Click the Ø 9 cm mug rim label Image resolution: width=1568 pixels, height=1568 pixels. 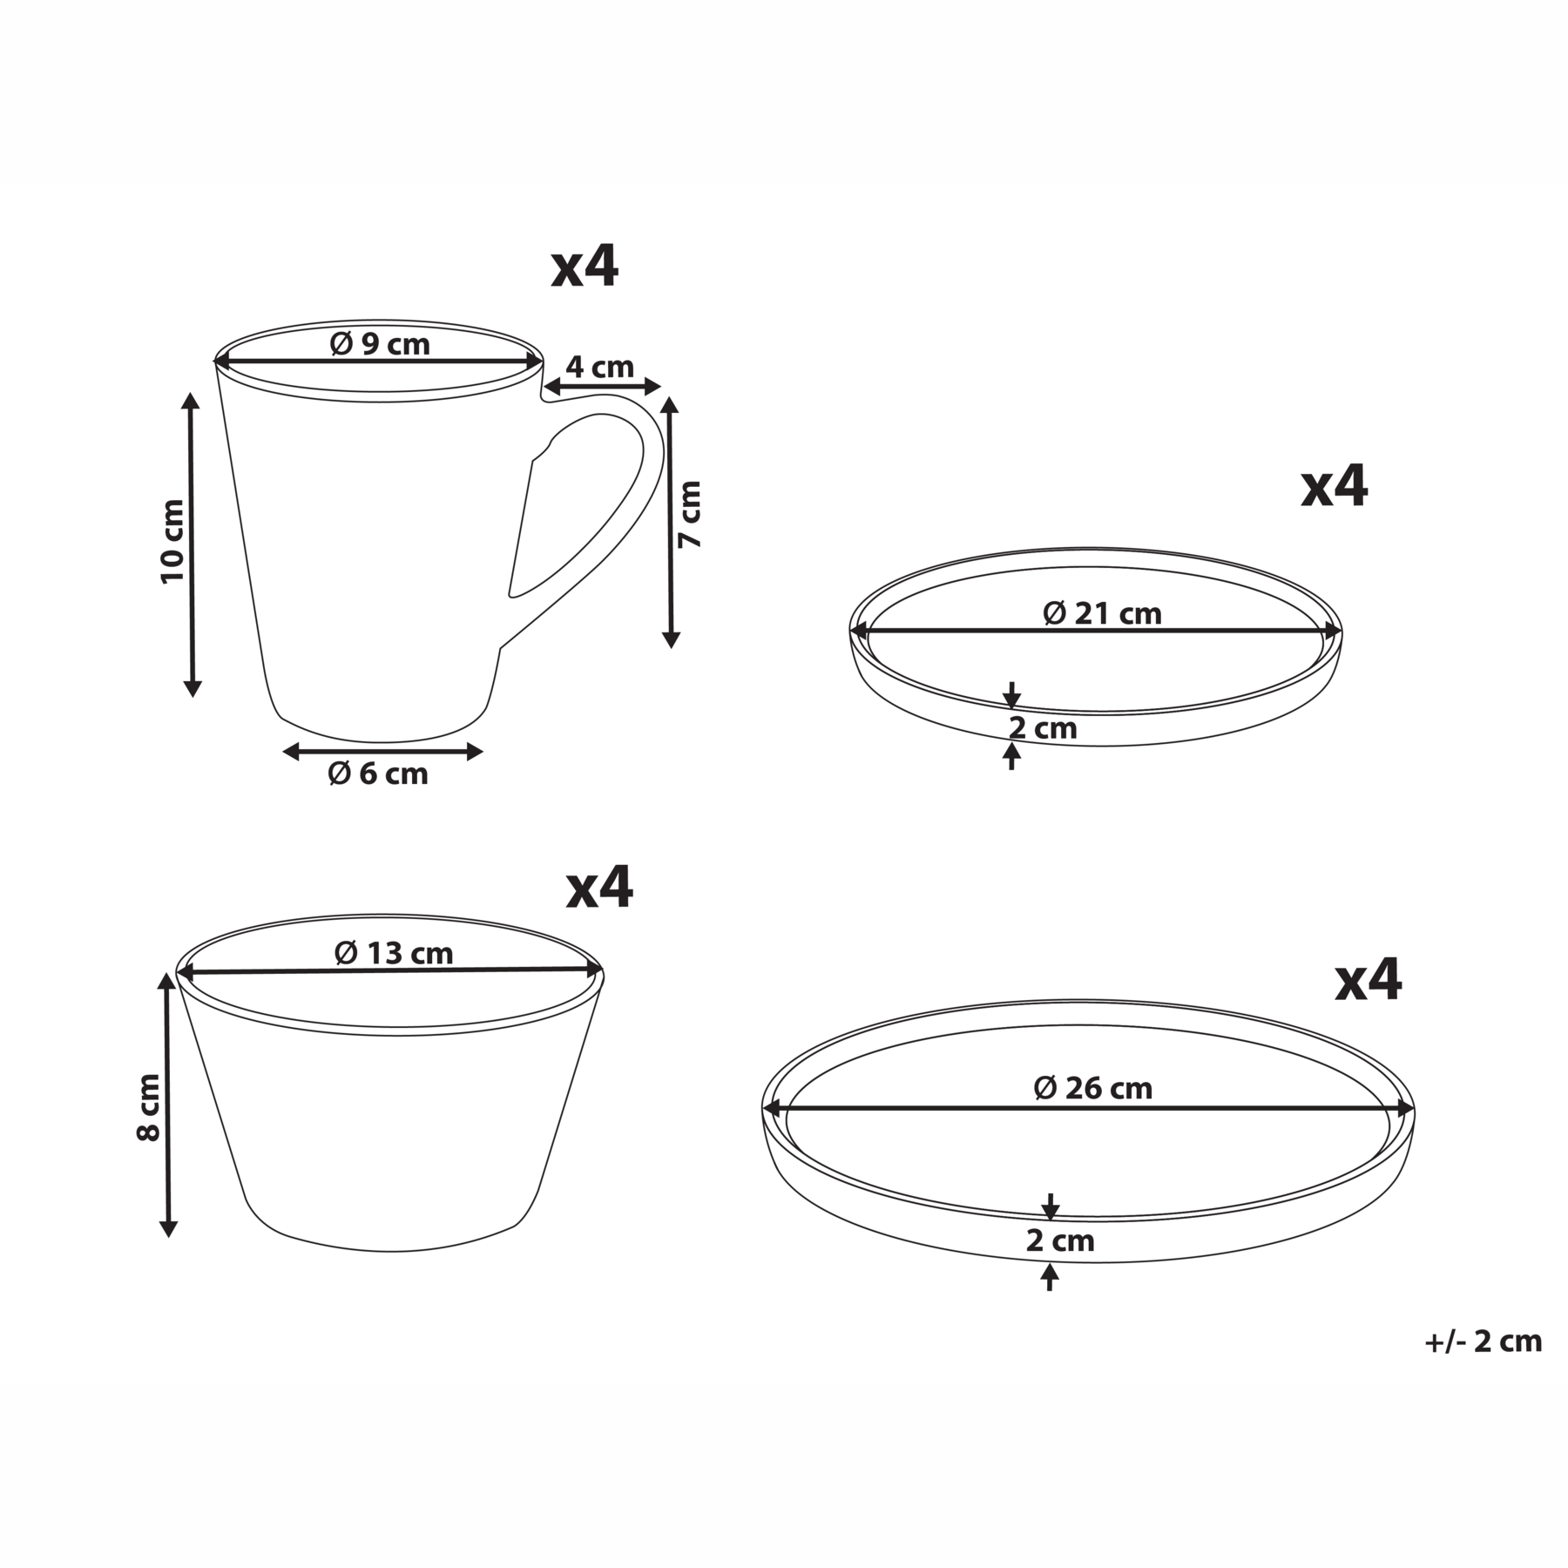(x=380, y=344)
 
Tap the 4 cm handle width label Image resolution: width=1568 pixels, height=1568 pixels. (x=600, y=367)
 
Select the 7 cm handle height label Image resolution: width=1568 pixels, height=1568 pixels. (x=690, y=513)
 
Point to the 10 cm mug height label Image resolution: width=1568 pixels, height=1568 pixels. (x=172, y=541)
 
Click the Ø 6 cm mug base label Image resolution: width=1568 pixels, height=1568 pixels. (x=378, y=773)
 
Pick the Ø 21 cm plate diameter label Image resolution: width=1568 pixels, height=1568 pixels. (x=1102, y=613)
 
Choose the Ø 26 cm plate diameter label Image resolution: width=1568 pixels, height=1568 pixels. (x=1093, y=1088)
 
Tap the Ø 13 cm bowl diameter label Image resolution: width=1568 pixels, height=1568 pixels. (x=394, y=953)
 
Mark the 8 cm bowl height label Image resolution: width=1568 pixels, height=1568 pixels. (x=149, y=1107)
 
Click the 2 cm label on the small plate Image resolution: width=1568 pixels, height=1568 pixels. (x=1043, y=727)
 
